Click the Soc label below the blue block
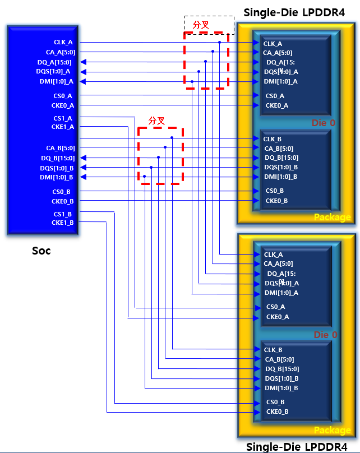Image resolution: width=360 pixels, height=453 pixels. point(41,251)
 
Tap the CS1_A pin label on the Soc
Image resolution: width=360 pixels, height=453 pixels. point(63,118)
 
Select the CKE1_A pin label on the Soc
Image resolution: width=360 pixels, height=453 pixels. point(63,127)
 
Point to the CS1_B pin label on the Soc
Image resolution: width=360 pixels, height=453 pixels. point(62,214)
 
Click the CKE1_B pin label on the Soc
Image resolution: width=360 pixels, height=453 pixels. point(62,223)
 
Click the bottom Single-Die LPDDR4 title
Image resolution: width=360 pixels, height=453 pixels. point(297,447)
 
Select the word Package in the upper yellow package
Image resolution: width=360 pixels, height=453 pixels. point(332,217)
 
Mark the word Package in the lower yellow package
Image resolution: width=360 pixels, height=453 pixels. point(332,430)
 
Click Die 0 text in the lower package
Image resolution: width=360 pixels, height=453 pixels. point(325,335)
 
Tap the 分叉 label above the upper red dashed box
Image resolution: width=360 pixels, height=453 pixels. point(201,25)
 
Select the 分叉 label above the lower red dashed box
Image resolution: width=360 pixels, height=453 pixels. point(156,121)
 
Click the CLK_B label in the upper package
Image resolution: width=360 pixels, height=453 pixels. point(273,139)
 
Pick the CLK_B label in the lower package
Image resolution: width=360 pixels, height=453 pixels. point(273,350)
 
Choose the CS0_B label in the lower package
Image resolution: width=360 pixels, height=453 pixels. point(275,402)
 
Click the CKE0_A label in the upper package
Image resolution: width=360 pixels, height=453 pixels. point(276,105)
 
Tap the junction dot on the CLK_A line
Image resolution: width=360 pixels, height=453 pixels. point(220,42)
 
